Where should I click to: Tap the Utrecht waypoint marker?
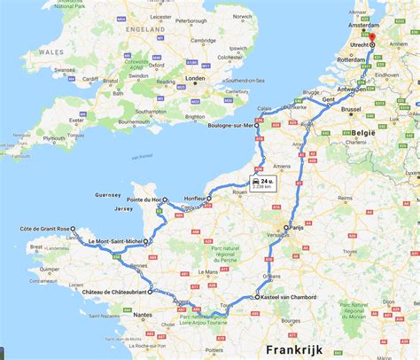[x=373, y=44]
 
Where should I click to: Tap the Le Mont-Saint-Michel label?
[x=113, y=241]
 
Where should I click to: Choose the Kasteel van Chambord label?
[x=294, y=297]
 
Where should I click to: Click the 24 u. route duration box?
[x=262, y=184]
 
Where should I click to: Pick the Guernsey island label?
[x=106, y=194]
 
